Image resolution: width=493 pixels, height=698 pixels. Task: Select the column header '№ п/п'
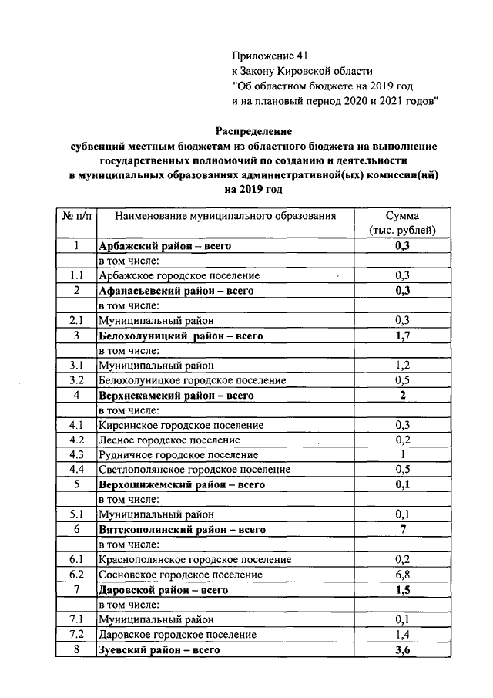coord(75,216)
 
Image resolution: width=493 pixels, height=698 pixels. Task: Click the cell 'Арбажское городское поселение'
coord(179,275)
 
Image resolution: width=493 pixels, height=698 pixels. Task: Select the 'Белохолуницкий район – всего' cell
coord(181,336)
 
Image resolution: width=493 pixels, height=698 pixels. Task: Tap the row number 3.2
coord(75,380)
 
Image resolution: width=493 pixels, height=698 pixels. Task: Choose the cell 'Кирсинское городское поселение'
coord(181,425)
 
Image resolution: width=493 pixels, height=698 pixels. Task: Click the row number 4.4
coord(75,470)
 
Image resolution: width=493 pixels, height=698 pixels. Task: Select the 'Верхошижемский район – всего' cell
coord(182,485)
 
